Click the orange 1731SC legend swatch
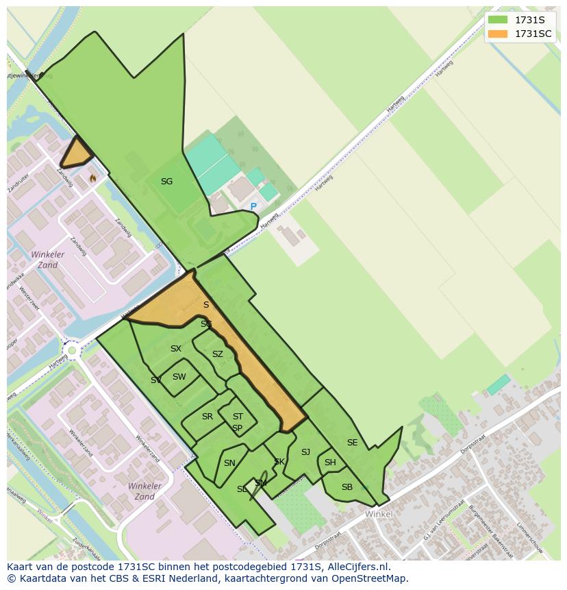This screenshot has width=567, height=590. pyautogui.click(x=499, y=34)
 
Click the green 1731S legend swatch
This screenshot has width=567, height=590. pyautogui.click(x=499, y=20)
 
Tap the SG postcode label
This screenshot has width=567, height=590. pyautogui.click(x=166, y=182)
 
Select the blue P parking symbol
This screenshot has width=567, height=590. pyautogui.click(x=253, y=207)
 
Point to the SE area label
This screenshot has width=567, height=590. pyautogui.click(x=352, y=443)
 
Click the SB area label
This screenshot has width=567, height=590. pyautogui.click(x=347, y=487)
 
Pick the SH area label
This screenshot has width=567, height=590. pyautogui.click(x=330, y=463)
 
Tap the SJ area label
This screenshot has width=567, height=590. pyautogui.click(x=305, y=452)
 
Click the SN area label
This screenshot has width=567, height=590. pyautogui.click(x=229, y=463)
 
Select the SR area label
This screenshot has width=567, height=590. pyautogui.click(x=207, y=417)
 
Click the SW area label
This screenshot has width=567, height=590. pyautogui.click(x=179, y=377)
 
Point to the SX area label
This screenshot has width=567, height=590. pyautogui.click(x=176, y=349)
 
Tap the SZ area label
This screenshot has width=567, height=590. pyautogui.click(x=217, y=354)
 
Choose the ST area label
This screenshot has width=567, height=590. pyautogui.click(x=238, y=417)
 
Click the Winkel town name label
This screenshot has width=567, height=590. pyautogui.click(x=379, y=514)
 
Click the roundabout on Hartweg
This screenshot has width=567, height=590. pyautogui.click(x=71, y=351)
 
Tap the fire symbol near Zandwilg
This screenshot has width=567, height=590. pyautogui.click(x=92, y=178)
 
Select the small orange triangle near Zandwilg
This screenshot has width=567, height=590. pyautogui.click(x=75, y=153)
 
